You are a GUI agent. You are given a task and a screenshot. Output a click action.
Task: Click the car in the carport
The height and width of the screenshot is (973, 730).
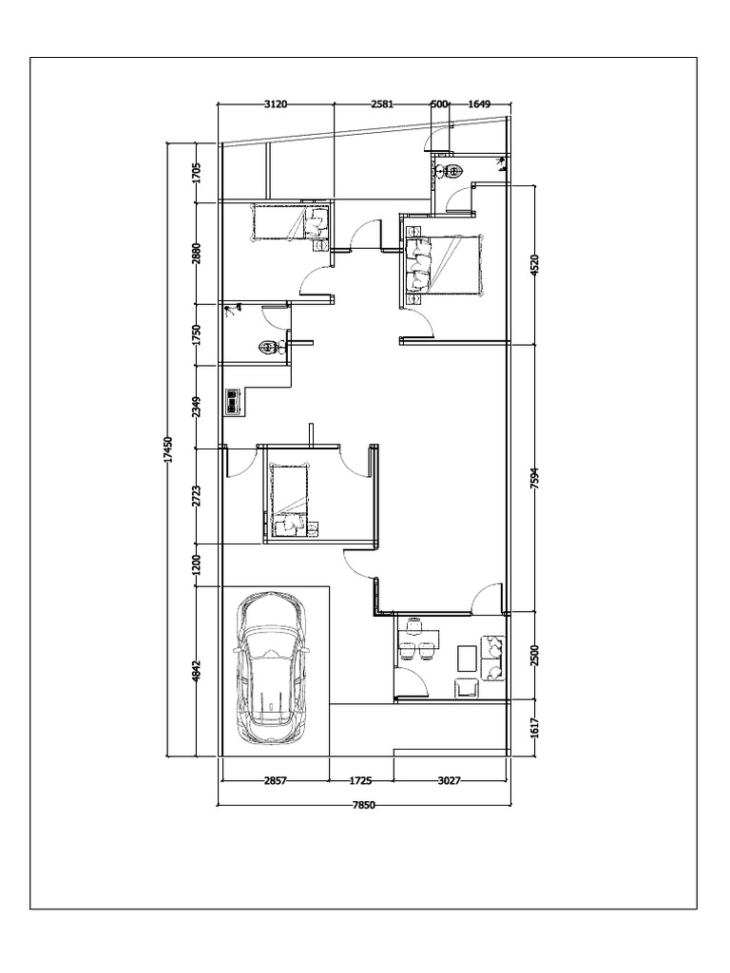pyautogui.click(x=271, y=667)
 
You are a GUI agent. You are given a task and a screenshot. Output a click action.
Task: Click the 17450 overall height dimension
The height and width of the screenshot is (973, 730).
pyautogui.click(x=169, y=449)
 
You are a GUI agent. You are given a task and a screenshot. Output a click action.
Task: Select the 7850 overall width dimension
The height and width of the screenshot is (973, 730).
pyautogui.click(x=364, y=806)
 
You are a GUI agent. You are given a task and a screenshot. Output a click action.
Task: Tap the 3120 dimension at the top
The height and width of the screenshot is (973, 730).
pyautogui.click(x=276, y=104)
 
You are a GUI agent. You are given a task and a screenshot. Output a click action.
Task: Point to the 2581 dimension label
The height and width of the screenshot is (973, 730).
pyautogui.click(x=382, y=104)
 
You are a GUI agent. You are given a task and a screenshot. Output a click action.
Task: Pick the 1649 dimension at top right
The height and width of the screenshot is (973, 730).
pyautogui.click(x=479, y=104)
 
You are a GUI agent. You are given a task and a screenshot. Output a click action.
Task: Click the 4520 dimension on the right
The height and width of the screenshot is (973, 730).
pyautogui.click(x=536, y=265)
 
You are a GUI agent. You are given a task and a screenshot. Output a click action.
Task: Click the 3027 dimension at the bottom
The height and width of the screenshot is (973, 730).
pyautogui.click(x=450, y=781)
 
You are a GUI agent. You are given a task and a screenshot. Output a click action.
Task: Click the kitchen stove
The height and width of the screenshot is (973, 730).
pyautogui.click(x=233, y=402)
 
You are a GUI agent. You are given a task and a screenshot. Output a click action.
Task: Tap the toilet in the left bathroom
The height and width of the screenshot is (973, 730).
pyautogui.click(x=269, y=347)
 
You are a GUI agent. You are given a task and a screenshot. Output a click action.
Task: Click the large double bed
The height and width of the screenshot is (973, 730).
pyautogui.click(x=444, y=264)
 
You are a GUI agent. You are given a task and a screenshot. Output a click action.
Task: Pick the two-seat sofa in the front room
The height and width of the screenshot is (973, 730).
pyautogui.click(x=493, y=658)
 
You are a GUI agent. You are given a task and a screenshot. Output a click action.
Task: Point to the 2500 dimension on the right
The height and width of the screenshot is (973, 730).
pyautogui.click(x=536, y=656)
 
